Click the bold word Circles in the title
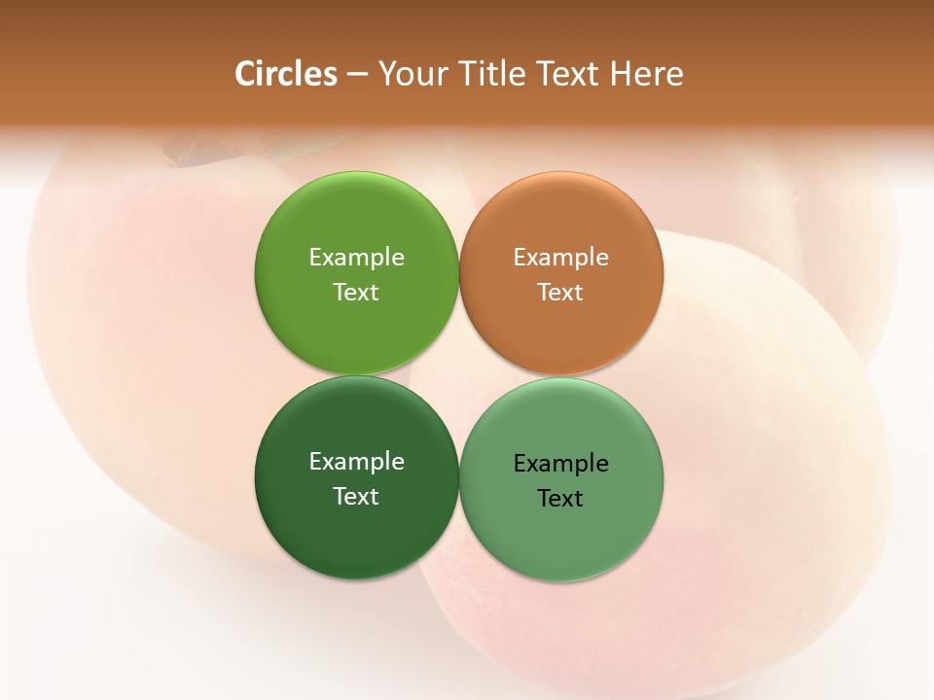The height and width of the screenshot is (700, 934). (x=286, y=74)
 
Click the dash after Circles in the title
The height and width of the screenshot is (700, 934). (x=356, y=75)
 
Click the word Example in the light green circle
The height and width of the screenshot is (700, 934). (x=356, y=258)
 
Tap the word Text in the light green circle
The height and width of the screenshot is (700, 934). (x=356, y=293)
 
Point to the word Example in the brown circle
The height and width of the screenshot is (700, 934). (x=561, y=258)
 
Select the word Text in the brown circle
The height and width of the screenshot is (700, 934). (x=561, y=293)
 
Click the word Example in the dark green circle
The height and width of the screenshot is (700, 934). (x=356, y=462)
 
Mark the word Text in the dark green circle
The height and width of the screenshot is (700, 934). (x=356, y=497)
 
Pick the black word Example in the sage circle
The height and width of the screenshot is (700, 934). (x=561, y=464)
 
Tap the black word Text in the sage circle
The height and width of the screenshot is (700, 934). (x=561, y=499)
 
